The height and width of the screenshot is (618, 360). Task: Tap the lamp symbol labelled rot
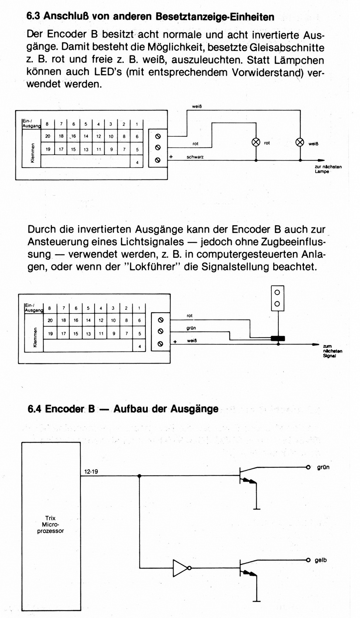[256, 143]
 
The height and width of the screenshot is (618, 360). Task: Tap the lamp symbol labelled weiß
[300, 143]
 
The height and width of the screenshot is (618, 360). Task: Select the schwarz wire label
[195, 157]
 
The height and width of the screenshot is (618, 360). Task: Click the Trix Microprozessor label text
[51, 525]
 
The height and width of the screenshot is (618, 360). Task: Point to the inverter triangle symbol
[181, 568]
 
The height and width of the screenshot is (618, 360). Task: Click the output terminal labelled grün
[308, 467]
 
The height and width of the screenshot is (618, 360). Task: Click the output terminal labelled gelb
[308, 560]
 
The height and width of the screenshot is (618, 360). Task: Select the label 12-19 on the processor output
[91, 471]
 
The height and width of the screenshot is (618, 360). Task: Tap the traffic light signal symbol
[277, 298]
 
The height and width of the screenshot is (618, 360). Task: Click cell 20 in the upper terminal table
[48, 136]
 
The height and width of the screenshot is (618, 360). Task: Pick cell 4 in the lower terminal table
[140, 346]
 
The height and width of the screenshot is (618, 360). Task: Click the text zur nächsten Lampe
[328, 169]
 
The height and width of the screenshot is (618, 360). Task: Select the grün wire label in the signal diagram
[191, 328]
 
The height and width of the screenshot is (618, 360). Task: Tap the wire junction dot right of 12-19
[139, 476]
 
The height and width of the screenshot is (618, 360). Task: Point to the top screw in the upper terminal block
[158, 137]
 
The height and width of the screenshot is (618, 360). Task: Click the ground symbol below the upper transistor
[256, 509]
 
